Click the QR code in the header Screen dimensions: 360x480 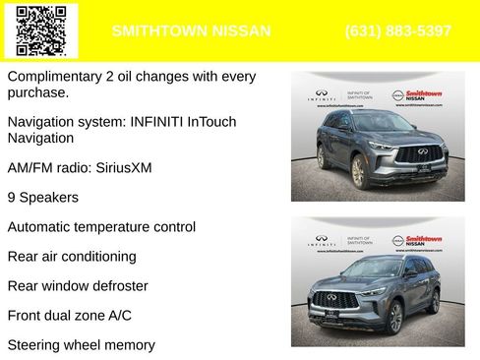point(41,30)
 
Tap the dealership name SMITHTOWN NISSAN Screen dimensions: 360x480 point(191,31)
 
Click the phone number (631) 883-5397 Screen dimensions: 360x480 point(398,31)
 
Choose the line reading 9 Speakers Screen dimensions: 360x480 point(42,197)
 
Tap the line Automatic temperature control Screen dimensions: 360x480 point(101,227)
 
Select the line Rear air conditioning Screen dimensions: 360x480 point(72,257)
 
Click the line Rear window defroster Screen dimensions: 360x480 point(78,286)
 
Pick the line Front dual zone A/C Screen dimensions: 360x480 point(69,316)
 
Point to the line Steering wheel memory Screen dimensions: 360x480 point(81,345)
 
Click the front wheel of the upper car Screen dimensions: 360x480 point(358,172)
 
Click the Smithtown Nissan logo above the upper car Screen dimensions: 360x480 point(424,95)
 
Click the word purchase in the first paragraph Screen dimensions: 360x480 point(35,92)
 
